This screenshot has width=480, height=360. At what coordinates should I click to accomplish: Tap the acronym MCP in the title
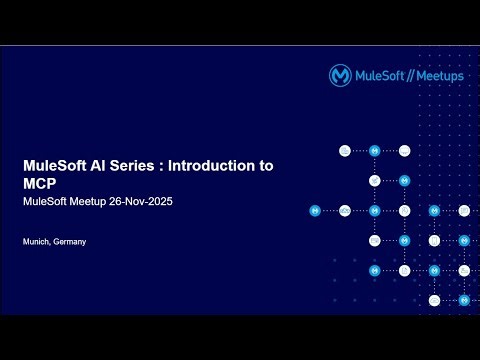[41, 185]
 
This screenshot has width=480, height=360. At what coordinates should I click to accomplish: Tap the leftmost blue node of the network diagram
[314, 211]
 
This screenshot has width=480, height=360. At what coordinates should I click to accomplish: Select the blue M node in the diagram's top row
[374, 151]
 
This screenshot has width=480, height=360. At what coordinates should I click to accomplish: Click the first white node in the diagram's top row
[344, 151]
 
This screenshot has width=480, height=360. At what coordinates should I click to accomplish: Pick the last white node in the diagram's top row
[404, 151]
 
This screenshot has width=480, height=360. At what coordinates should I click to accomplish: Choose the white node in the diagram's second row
[374, 181]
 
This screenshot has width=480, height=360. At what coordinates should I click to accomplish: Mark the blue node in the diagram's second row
[404, 181]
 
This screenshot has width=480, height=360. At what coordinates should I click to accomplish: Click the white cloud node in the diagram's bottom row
[434, 300]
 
